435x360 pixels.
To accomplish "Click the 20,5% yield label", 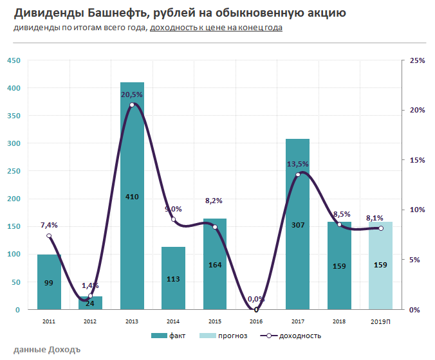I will click(132, 94).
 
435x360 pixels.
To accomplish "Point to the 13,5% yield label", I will click(297, 164).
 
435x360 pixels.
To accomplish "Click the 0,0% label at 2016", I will click(256, 299).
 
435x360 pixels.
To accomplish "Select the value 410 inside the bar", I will click(132, 196).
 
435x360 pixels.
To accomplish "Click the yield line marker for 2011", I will click(49, 236).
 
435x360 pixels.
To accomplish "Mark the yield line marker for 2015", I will click(215, 228).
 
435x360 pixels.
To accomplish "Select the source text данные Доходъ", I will click(46, 350).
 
